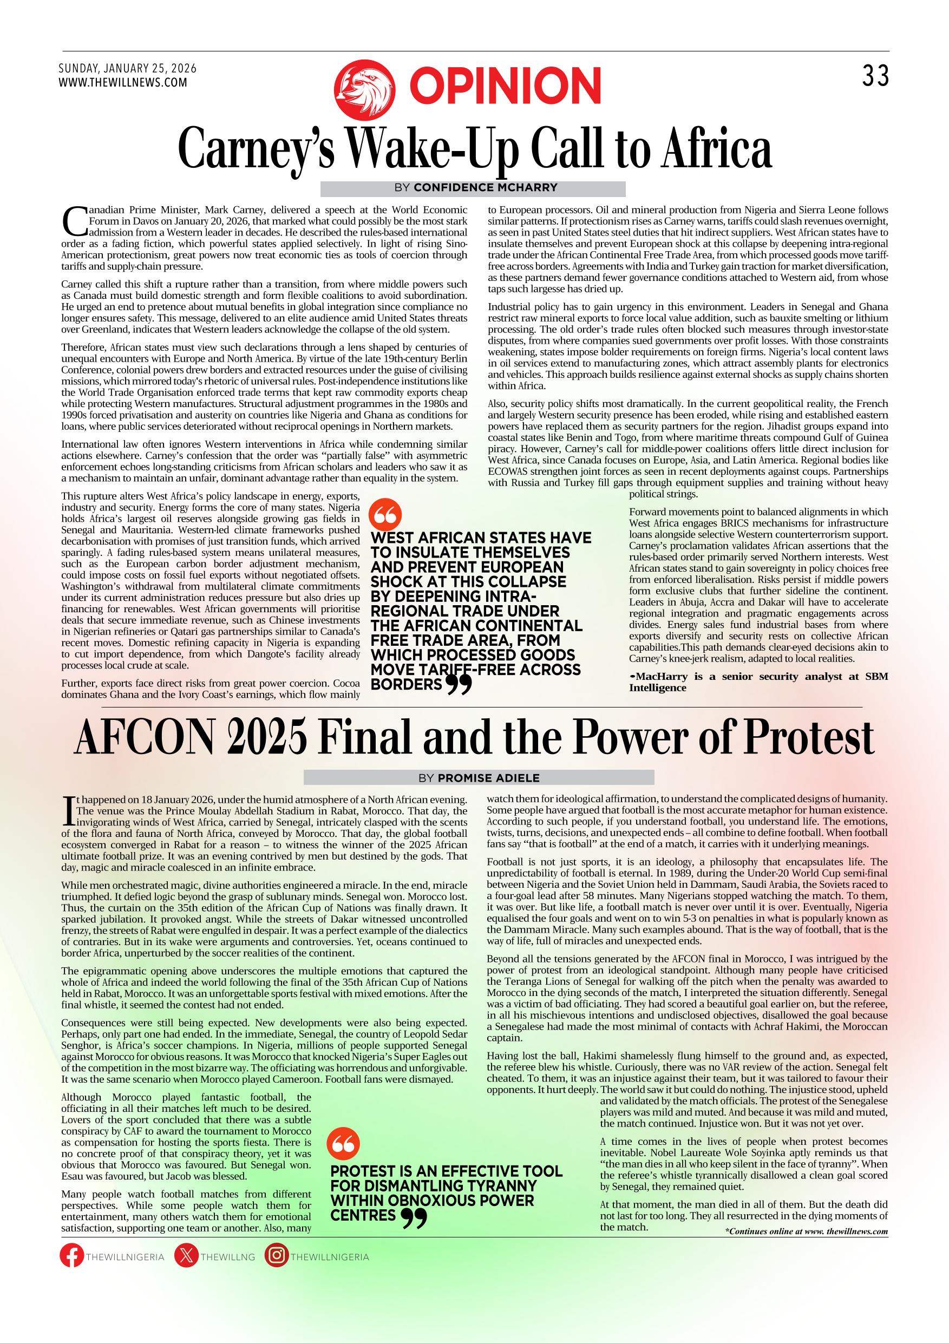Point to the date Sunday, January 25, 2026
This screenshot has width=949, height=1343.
click(128, 68)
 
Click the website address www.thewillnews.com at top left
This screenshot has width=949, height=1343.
click(123, 82)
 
